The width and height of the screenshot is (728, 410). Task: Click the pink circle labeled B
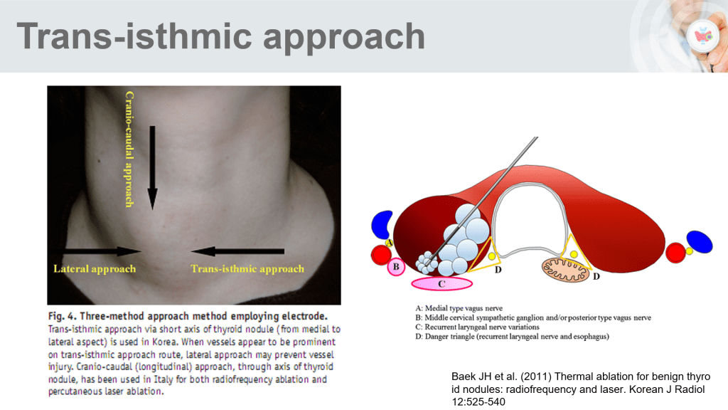(396, 267)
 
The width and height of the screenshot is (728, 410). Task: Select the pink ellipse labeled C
(441, 283)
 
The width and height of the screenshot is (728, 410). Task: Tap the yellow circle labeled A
(389, 243)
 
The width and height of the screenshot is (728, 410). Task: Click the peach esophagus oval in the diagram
(565, 269)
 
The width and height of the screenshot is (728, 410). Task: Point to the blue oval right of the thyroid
(700, 242)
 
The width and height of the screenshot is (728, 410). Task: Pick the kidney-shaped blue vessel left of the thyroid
(382, 224)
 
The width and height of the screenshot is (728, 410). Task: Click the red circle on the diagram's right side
(675, 253)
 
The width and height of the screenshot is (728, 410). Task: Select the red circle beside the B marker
(381, 255)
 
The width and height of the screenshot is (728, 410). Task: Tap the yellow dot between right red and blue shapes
(689, 251)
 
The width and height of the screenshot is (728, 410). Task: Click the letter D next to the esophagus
(596, 277)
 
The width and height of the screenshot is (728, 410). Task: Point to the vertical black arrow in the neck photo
(152, 168)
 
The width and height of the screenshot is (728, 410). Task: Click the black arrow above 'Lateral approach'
(97, 251)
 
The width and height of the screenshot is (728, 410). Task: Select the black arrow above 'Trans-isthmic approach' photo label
(237, 251)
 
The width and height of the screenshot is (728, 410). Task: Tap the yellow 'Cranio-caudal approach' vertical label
(129, 149)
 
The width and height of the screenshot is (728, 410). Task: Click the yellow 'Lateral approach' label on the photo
(95, 268)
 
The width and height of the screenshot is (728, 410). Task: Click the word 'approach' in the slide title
(344, 37)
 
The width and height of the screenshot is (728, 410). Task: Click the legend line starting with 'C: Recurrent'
(477, 327)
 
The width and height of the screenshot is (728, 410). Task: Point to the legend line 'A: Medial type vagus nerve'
(459, 308)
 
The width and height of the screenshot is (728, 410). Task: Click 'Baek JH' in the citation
(471, 377)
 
